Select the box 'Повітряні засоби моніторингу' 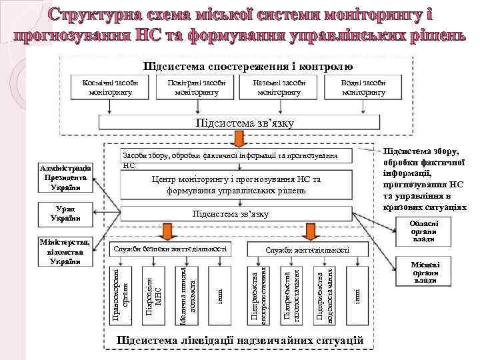click(196, 87)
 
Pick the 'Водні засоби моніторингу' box click(364, 87)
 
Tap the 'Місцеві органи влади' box click(425, 271)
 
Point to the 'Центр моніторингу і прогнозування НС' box click(237, 185)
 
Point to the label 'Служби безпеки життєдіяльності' click(171, 249)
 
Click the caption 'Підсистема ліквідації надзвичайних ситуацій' click(240, 341)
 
